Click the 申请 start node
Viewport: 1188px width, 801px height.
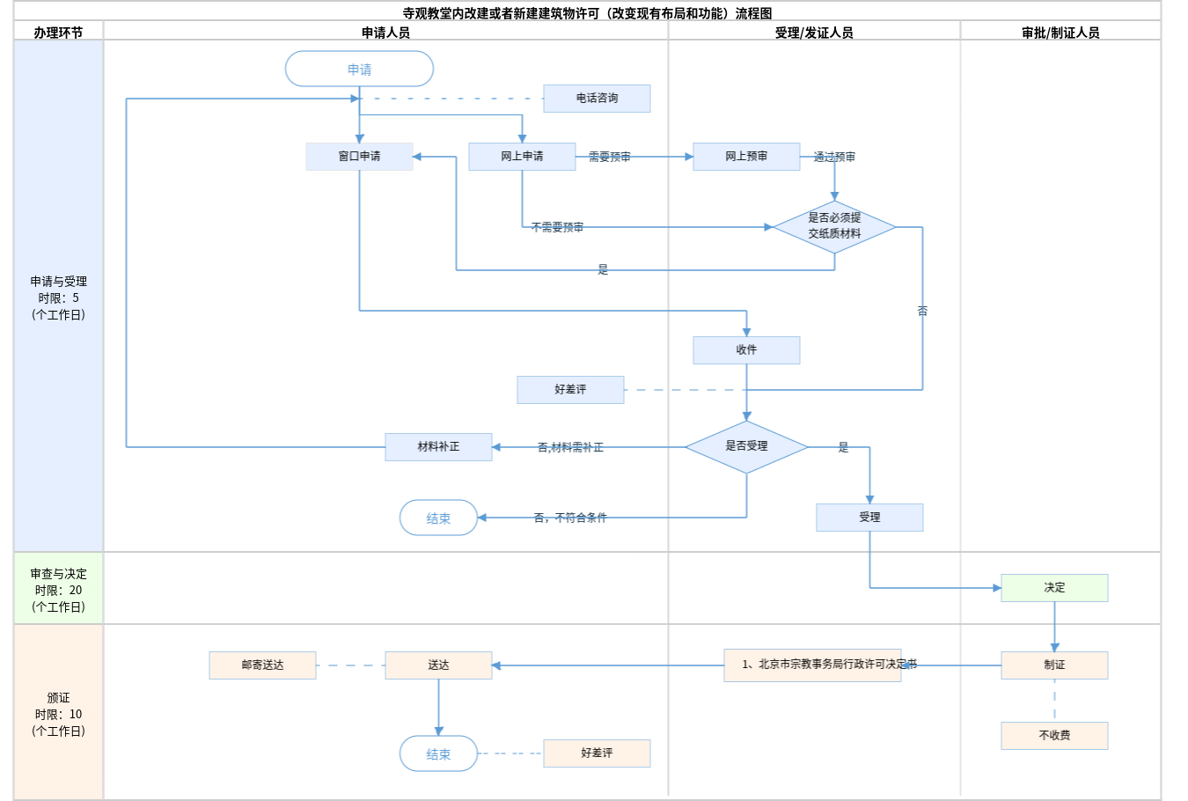click(359, 69)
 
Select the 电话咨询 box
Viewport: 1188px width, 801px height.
click(597, 99)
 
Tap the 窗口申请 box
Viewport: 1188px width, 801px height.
click(359, 157)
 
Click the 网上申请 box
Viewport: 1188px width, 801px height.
click(522, 157)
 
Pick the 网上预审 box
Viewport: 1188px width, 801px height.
click(746, 157)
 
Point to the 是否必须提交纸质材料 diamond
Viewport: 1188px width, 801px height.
click(834, 226)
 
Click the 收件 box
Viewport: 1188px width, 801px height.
click(746, 350)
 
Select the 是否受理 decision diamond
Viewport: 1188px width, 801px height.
click(746, 446)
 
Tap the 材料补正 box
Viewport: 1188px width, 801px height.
click(438, 447)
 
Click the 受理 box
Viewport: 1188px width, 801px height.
click(869, 518)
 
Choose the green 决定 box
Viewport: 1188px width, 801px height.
click(1054, 588)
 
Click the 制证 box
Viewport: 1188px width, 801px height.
click(1054, 665)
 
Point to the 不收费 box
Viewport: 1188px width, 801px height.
click(1054, 736)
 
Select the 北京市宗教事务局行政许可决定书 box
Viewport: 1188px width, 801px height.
click(812, 665)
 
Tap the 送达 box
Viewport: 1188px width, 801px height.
click(438, 665)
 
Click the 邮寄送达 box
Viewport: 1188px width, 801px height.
click(262, 665)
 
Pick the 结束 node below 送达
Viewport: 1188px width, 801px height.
click(438, 753)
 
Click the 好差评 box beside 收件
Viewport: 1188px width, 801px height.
click(570, 390)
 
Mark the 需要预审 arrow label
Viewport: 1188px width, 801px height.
click(610, 157)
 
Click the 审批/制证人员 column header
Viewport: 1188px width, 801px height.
click(1060, 33)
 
